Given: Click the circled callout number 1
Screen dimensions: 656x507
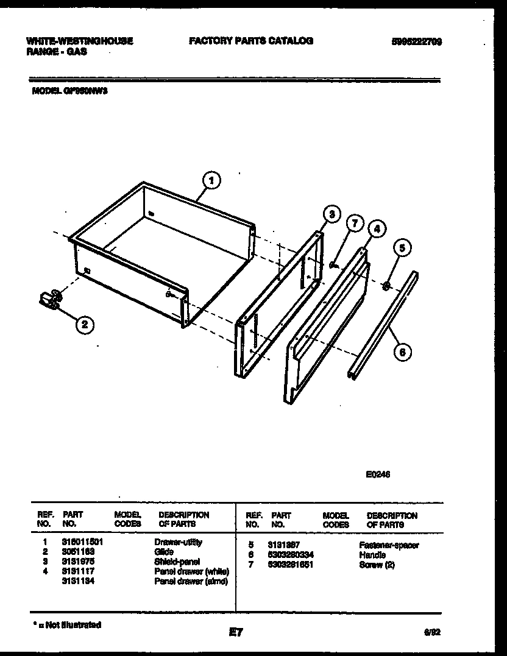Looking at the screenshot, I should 211,180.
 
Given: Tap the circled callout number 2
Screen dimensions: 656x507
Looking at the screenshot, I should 85,325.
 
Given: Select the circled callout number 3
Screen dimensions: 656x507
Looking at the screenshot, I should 331,214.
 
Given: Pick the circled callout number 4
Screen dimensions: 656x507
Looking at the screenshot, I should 377,229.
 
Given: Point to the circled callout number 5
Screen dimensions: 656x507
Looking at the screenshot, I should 402,247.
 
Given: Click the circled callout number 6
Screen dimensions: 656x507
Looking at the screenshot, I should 402,351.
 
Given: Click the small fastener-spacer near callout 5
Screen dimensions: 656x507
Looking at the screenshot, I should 387,284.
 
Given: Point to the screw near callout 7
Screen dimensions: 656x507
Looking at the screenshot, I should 333,264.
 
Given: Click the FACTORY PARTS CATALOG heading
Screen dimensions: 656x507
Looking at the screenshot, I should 251,41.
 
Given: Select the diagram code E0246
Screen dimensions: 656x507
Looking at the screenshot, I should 378,477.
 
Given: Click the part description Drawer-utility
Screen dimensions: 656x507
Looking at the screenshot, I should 178,542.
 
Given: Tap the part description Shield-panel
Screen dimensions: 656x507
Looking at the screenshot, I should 177,562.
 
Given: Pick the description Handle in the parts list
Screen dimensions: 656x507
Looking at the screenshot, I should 372,555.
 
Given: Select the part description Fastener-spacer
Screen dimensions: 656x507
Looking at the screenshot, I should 389,546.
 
